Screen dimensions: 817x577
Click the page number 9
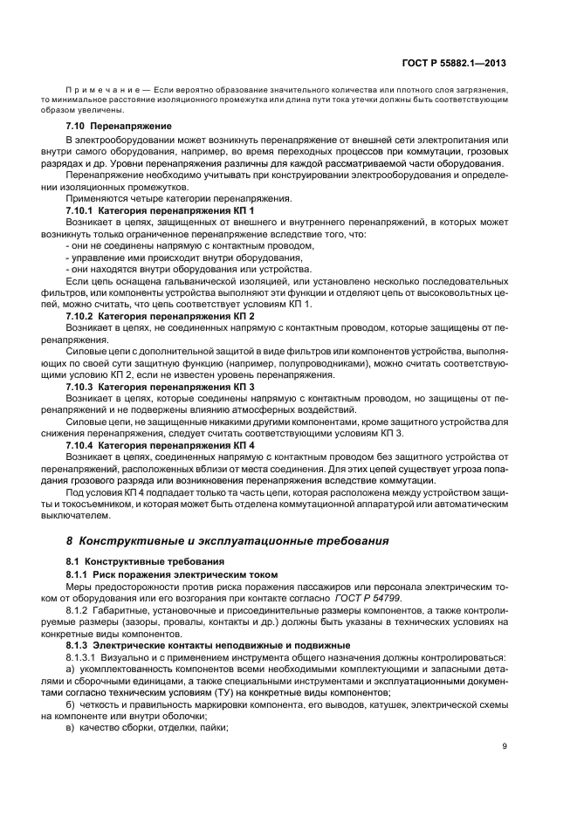pyautogui.click(x=504, y=745)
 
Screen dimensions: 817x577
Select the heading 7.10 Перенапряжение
pyautogui.click(x=119, y=127)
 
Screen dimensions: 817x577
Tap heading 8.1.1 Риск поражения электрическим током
pyautogui.click(x=171, y=574)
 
